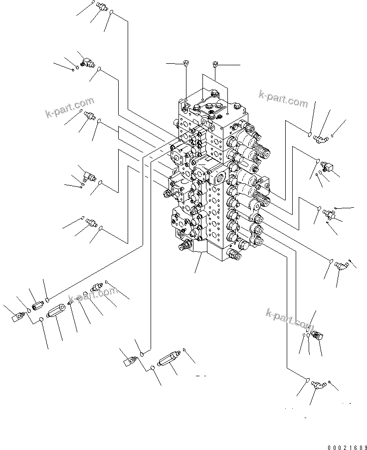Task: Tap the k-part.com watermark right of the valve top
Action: tap(283, 99)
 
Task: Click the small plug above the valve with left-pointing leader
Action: tap(185, 63)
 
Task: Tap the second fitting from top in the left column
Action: tap(86, 62)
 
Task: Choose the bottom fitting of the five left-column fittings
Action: tap(91, 221)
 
